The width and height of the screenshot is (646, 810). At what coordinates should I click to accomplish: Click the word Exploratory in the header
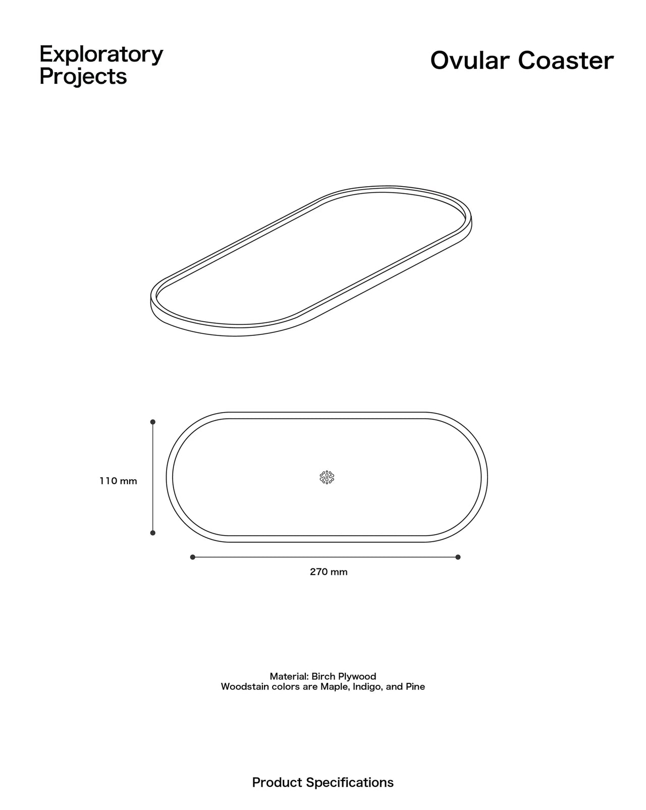pos(101,55)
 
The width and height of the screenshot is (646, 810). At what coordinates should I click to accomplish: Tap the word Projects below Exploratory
pos(83,77)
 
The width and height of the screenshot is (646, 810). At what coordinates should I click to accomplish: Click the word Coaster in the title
pos(566,61)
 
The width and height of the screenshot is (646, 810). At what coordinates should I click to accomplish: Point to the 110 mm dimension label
pos(118,481)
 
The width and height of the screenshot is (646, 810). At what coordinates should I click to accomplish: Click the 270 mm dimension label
pos(329,572)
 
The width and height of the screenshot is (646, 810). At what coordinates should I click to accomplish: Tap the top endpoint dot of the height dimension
pos(153,422)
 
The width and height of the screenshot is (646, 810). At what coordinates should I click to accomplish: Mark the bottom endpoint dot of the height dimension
pos(153,533)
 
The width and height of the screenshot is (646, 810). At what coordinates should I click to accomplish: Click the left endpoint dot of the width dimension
pos(192,557)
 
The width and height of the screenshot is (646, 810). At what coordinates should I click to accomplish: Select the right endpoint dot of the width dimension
pos(458,557)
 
